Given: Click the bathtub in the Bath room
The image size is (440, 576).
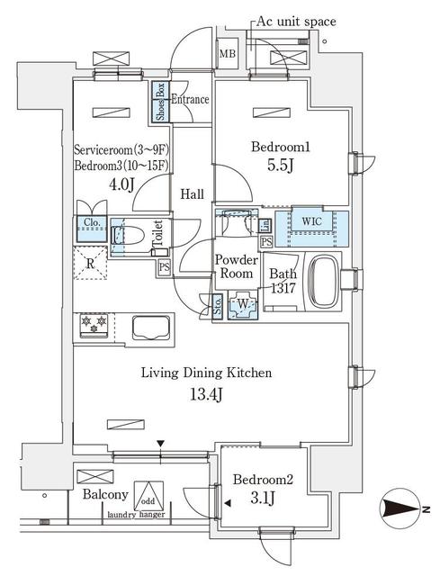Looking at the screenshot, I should (x=325, y=282).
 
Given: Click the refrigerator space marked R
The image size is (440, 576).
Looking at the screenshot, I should (x=91, y=263).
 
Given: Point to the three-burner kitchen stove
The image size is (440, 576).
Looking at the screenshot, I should (x=94, y=322).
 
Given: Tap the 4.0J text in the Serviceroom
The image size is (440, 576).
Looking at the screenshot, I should (x=121, y=185).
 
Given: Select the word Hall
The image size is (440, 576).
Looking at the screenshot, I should (x=191, y=193).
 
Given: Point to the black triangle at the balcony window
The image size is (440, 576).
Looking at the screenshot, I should (x=161, y=443).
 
